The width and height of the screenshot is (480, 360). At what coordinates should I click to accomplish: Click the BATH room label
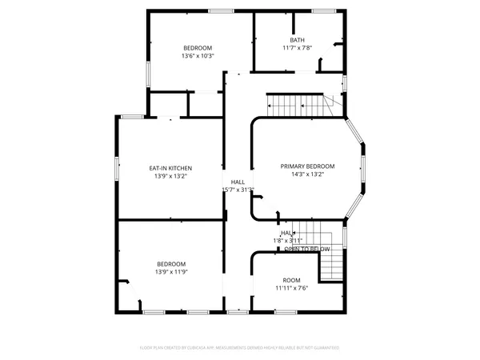coord(298,40)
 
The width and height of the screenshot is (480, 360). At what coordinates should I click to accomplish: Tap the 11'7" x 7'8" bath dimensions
coord(298,48)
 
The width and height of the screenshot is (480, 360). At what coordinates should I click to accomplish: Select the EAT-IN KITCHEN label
coord(171,168)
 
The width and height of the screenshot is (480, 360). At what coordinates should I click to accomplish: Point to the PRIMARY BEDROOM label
coord(307,166)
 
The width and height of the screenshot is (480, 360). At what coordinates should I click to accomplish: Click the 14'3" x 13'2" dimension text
coord(307,174)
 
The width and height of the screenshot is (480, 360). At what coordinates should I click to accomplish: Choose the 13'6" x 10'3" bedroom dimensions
coord(197,56)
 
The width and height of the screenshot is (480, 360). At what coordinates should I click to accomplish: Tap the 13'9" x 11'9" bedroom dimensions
coord(171,272)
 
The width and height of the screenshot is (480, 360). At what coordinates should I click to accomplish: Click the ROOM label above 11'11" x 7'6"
coord(291,280)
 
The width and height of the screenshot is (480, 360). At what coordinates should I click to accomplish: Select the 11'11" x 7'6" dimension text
coord(291,288)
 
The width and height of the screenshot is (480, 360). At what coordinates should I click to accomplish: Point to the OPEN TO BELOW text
coord(307,250)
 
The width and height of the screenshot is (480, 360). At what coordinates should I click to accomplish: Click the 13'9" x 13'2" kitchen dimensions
coord(171,176)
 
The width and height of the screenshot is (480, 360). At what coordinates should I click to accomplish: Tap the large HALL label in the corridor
coord(238,182)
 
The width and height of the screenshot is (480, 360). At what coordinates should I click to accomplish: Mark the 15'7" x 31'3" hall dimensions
coord(238,190)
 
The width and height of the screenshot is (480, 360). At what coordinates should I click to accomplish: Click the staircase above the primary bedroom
coord(298,103)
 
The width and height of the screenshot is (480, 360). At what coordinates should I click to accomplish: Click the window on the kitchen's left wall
coord(118,168)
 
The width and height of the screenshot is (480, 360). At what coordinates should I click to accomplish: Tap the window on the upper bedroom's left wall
coord(147,71)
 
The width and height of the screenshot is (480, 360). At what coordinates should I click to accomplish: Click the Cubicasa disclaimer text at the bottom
coord(240,348)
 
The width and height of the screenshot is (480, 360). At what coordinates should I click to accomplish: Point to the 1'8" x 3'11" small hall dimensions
coord(288,240)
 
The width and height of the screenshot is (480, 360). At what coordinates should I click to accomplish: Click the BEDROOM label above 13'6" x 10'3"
coord(197,48)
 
